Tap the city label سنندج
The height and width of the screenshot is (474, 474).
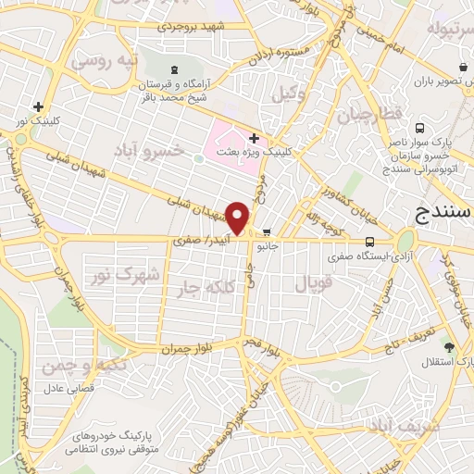tap(442, 216)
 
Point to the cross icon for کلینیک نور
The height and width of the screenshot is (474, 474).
tap(38, 106)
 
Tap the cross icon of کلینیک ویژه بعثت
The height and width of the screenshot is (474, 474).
tap(266, 137)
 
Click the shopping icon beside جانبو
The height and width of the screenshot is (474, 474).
tap(267, 232)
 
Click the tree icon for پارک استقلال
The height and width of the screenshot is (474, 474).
tap(448, 347)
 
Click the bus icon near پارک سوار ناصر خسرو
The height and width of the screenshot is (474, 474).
tap(420, 129)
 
